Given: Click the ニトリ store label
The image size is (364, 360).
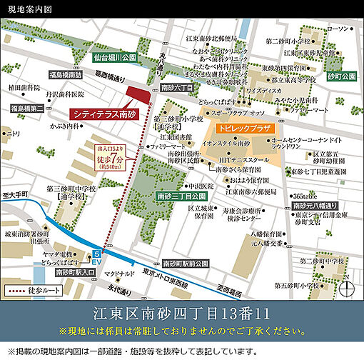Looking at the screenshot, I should (x=12, y=134).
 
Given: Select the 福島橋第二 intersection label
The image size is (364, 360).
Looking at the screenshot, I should (x=27, y=108).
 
